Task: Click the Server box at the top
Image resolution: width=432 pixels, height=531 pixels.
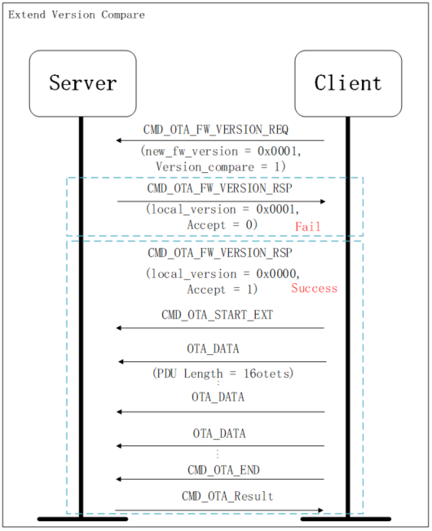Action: tap(82, 83)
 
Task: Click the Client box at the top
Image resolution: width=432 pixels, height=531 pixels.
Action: tap(347, 83)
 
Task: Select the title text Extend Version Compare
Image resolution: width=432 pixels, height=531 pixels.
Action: tap(77, 15)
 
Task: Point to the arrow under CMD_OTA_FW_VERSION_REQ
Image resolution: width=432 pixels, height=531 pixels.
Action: tap(220, 141)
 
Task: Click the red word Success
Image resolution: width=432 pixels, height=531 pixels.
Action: tap(314, 289)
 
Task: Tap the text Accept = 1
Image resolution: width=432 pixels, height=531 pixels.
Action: tap(223, 289)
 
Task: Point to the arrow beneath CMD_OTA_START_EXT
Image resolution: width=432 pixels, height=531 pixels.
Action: tap(220, 328)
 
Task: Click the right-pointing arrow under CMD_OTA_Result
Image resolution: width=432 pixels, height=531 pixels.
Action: tap(220, 511)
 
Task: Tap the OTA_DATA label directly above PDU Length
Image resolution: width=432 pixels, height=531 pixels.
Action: tap(214, 348)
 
